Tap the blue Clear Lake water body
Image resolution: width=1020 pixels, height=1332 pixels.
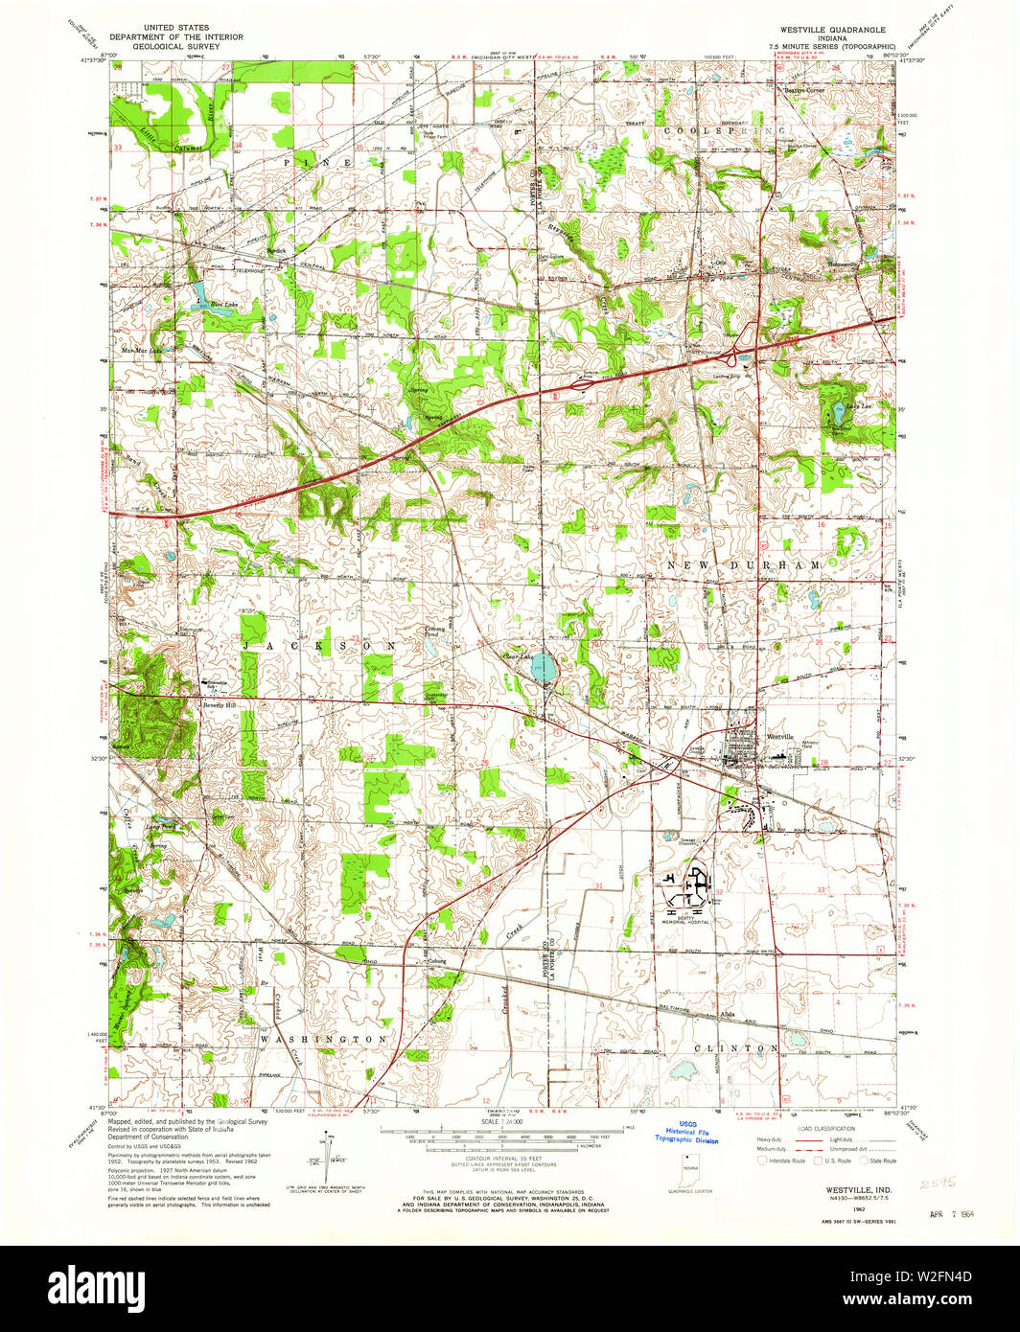coord(544,668)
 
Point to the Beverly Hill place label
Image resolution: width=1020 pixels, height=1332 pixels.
coord(218,704)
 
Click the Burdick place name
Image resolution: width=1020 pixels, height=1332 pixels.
coord(277,251)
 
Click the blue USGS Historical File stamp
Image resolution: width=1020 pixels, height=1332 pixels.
coord(686,1132)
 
